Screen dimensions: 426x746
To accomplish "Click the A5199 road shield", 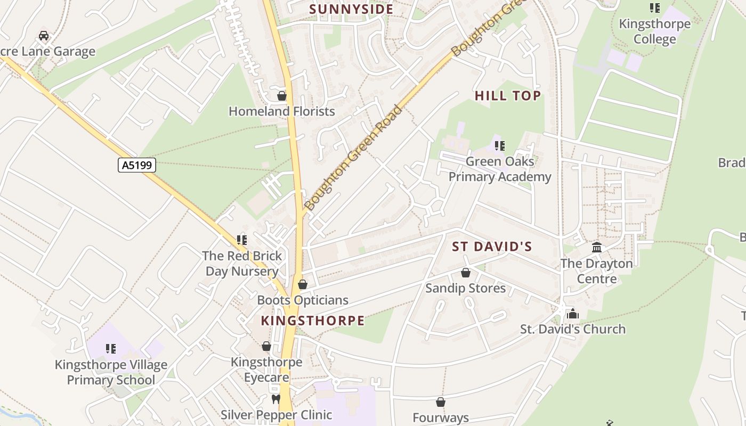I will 137,165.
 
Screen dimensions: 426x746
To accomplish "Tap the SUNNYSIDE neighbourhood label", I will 351,9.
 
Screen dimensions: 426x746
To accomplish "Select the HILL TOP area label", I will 508,96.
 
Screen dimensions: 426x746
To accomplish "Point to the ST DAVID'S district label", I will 492,247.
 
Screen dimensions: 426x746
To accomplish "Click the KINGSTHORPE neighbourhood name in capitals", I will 313,321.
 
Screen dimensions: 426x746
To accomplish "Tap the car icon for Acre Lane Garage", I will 44,36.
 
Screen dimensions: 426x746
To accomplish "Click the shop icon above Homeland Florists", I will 282,96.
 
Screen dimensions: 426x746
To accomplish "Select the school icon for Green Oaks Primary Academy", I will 499,145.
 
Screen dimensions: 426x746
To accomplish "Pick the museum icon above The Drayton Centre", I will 597,248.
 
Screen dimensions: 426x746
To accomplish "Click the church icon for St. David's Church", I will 573,314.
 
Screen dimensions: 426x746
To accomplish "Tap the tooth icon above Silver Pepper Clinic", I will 276,399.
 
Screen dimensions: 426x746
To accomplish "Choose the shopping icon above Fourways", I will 441,402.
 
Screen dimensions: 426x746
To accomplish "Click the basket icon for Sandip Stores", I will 466,273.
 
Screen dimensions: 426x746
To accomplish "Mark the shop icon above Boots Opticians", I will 303,284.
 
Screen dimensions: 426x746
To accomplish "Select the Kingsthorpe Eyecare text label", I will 266,370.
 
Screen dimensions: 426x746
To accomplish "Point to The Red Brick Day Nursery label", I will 242,264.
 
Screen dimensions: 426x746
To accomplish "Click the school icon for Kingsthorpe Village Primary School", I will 111,349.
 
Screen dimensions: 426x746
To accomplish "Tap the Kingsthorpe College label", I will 654,31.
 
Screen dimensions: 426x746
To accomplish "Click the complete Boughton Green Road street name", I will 353,158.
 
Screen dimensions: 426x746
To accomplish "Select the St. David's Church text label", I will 573,329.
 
